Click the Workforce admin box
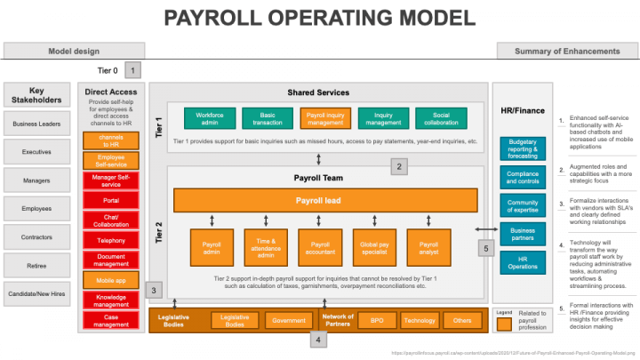(209, 117)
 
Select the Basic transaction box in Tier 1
(266, 117)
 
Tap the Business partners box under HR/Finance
(524, 234)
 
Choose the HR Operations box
(524, 262)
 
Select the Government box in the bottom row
(289, 319)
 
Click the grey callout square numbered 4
(319, 339)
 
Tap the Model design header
(73, 51)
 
